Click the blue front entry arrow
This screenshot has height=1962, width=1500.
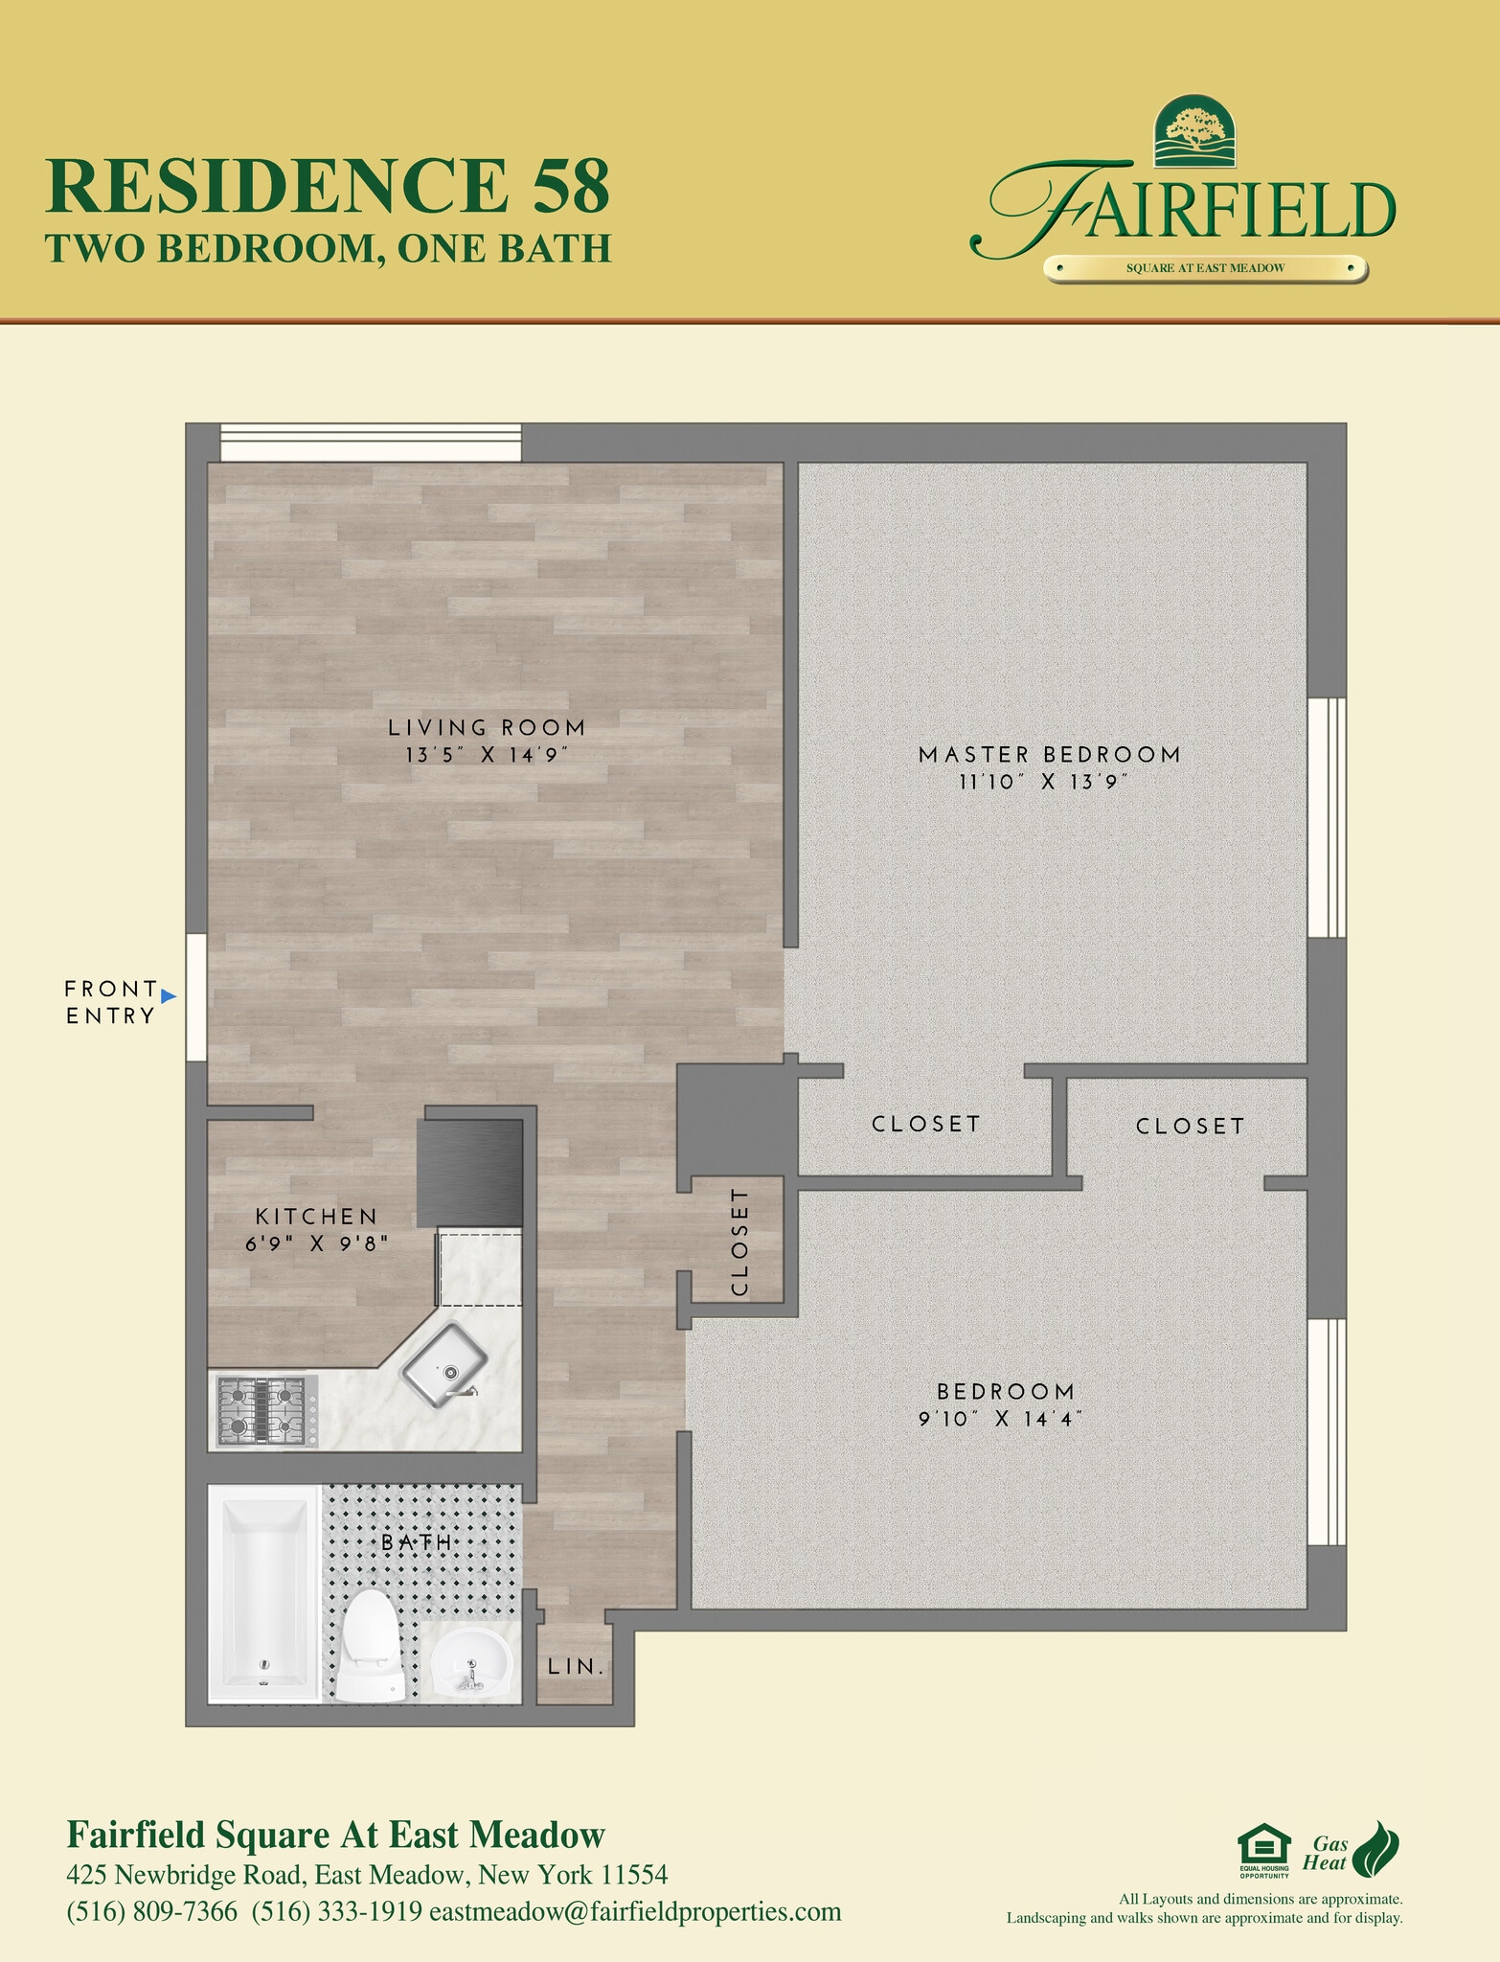pyautogui.click(x=169, y=996)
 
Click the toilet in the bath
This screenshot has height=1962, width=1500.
pyautogui.click(x=370, y=1644)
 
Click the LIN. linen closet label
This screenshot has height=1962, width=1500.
pyautogui.click(x=576, y=1666)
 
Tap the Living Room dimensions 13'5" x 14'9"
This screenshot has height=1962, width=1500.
pyautogui.click(x=487, y=755)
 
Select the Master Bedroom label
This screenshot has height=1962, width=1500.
pyautogui.click(x=1049, y=755)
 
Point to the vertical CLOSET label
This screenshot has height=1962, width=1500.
pyautogui.click(x=739, y=1242)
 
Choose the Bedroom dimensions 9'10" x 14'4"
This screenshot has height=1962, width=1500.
pyautogui.click(x=1000, y=1419)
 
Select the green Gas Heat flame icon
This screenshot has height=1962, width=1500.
pyautogui.click(x=1380, y=1844)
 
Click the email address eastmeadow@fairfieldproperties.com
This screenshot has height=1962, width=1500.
pyautogui.click(x=635, y=1912)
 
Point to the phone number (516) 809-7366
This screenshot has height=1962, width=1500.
pyautogui.click(x=151, y=1912)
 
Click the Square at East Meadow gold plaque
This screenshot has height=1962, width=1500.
pyautogui.click(x=1205, y=268)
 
